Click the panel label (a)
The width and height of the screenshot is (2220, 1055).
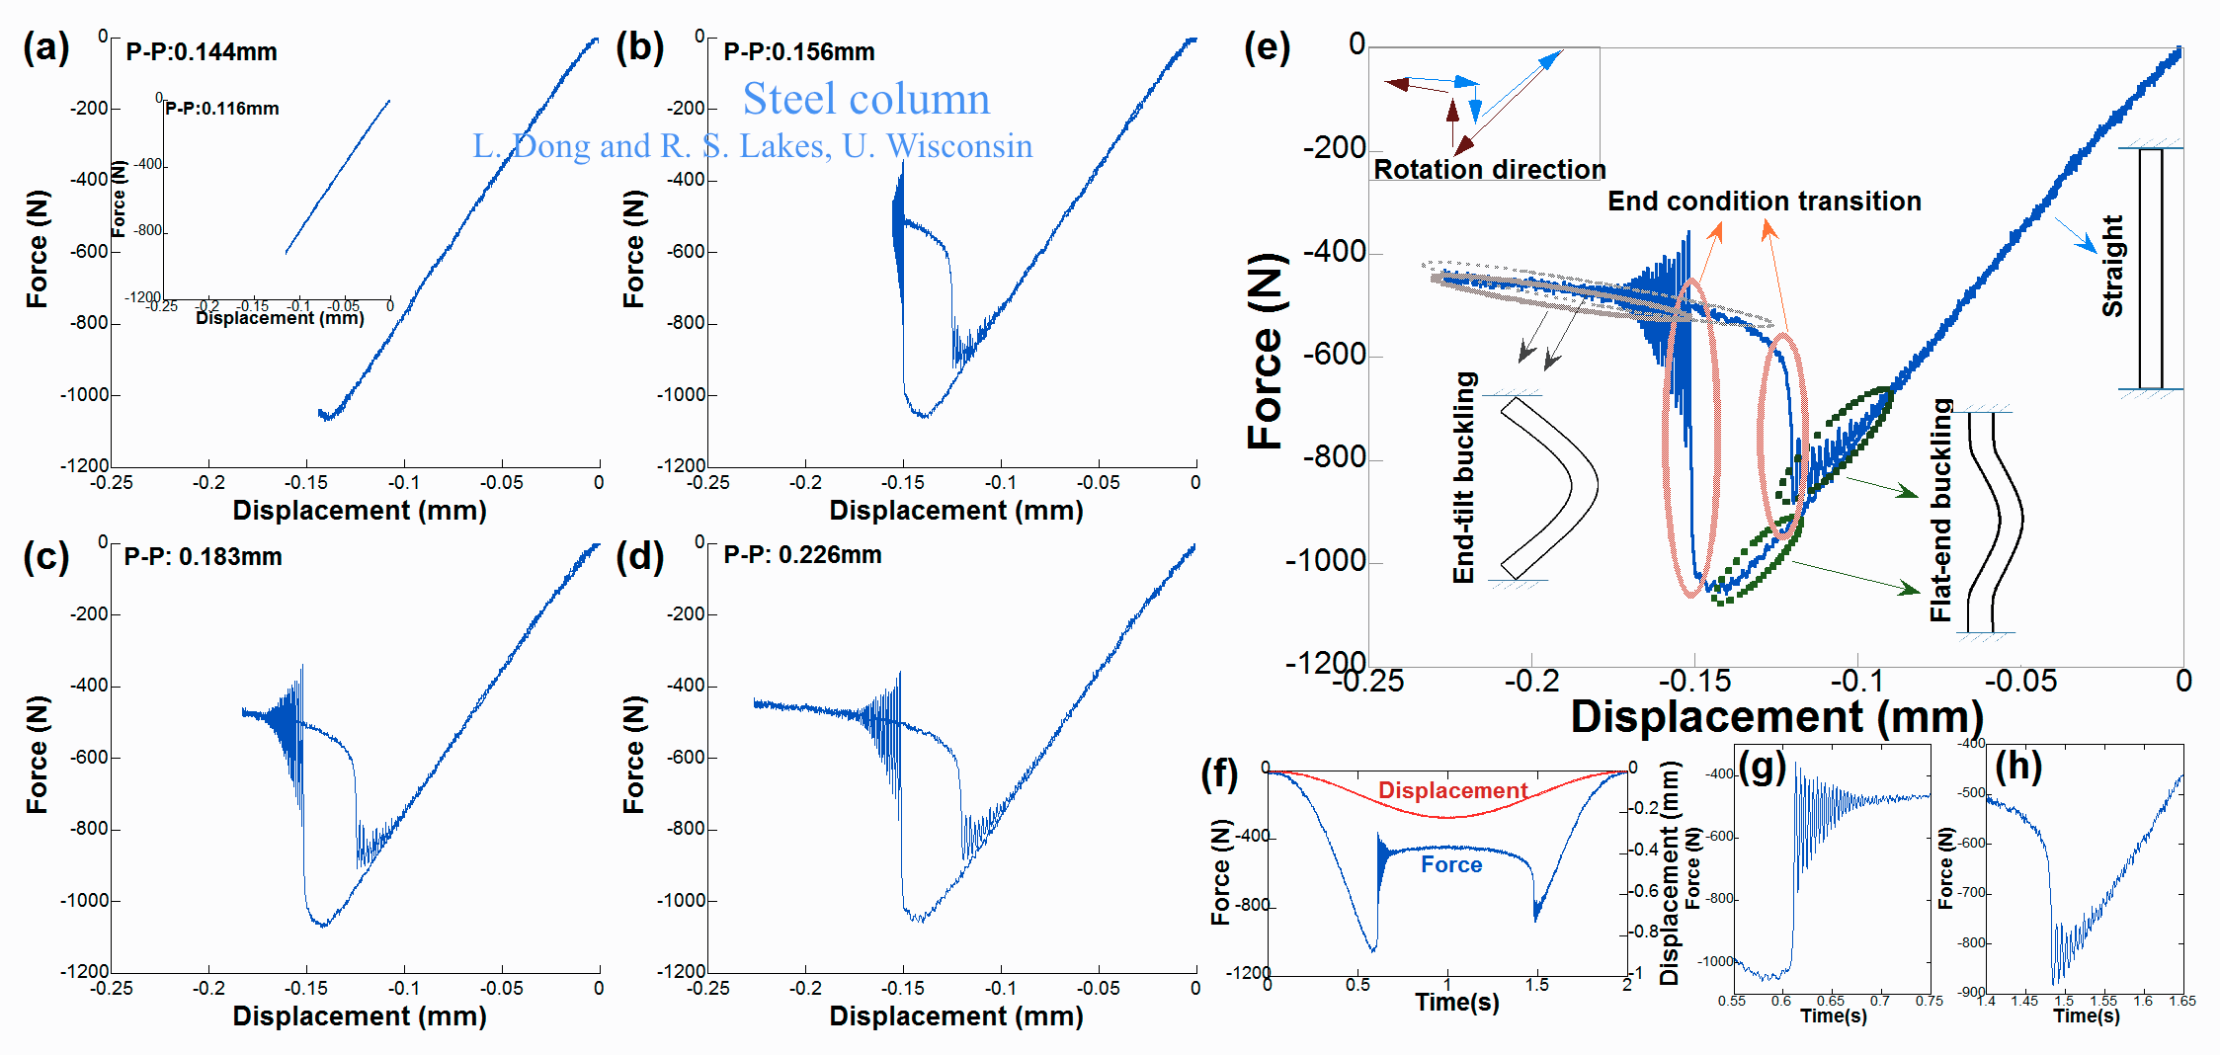coord(46,47)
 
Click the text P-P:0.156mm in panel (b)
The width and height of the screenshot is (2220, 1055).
coord(798,52)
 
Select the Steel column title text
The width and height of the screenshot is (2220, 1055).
coord(865,99)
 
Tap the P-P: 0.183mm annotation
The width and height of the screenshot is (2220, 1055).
coord(203,557)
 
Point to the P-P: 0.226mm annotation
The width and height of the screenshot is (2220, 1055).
coord(802,555)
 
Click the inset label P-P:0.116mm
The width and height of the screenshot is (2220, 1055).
coord(222,109)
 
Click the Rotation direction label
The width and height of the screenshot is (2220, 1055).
coord(1489,170)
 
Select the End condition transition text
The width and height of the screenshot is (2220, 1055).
coord(1764,202)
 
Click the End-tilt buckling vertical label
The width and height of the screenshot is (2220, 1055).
coord(1464,477)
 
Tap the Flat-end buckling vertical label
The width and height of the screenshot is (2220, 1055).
coord(1941,510)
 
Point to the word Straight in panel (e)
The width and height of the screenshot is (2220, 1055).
coord(2113,267)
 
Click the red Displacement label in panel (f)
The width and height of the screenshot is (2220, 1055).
coord(1452,790)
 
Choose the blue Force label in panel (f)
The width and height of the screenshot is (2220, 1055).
coord(1451,865)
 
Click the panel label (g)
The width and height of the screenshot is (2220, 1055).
coord(1762,767)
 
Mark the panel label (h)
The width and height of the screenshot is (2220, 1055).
coord(2018,767)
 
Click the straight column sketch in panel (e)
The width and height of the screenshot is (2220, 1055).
coord(2151,269)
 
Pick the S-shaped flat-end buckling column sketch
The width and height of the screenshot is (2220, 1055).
coord(1994,522)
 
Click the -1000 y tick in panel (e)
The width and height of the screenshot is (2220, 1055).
coord(1325,561)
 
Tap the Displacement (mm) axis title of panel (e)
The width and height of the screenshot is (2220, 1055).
coord(1776,717)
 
